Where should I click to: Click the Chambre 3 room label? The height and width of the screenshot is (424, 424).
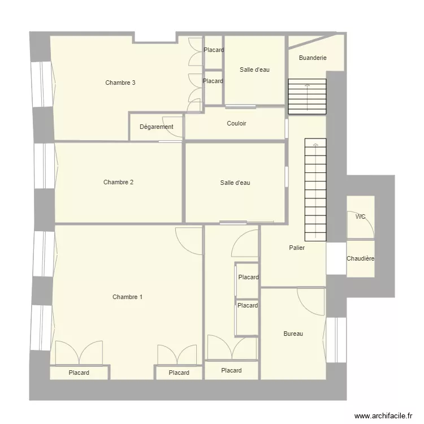pyautogui.click(x=120, y=83)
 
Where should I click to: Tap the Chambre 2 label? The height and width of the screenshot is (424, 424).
pyautogui.click(x=118, y=182)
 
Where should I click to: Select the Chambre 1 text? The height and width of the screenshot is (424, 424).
pyautogui.click(x=127, y=297)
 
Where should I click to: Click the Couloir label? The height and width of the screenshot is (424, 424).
pyautogui.click(x=236, y=123)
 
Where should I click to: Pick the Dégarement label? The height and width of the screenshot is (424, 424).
pyautogui.click(x=156, y=127)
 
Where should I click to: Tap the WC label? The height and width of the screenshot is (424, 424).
pyautogui.click(x=360, y=217)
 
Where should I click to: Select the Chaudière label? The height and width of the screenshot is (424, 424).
pyautogui.click(x=360, y=258)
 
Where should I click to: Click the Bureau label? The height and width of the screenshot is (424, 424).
pyautogui.click(x=293, y=334)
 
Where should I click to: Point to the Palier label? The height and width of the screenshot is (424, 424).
pyautogui.click(x=297, y=248)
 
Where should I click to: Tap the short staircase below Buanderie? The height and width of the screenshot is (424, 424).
pyautogui.click(x=307, y=95)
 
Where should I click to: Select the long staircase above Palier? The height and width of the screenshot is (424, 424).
pyautogui.click(x=315, y=189)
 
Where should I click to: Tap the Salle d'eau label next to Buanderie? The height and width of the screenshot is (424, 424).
pyautogui.click(x=254, y=70)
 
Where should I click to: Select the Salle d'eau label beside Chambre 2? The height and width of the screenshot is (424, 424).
pyautogui.click(x=235, y=183)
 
